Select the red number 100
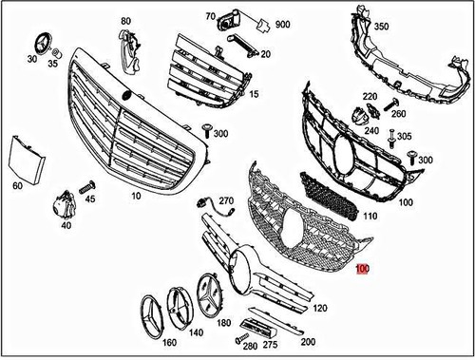pyautogui.click(x=362, y=270)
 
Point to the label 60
pyautogui.click(x=17, y=186)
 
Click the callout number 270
pyautogui.click(x=226, y=201)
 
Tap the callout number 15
pyautogui.click(x=254, y=95)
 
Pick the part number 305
pyautogui.click(x=405, y=137)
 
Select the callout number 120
pyautogui.click(x=319, y=309)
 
